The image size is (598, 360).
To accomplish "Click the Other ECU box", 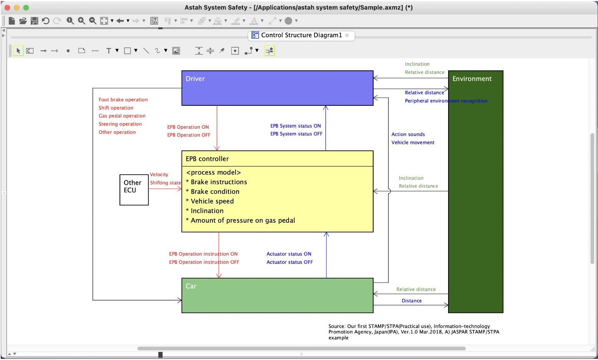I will pos(134,190).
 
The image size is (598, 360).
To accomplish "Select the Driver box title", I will pos(195,79).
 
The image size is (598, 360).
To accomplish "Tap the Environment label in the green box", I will pos(472,79).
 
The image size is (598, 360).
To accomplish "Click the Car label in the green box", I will pos(191,286).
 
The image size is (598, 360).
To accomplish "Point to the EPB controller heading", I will pos(207,159).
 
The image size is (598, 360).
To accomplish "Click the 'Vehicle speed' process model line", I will pos(212,201).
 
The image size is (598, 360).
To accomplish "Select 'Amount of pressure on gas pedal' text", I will pos(243,220).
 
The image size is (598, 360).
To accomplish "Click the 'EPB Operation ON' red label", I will pos(188,127).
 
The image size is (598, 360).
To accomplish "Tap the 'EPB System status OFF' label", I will pos(296,134).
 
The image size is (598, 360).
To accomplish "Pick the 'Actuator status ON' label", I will pos(289,254).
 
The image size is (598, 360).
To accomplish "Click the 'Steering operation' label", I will pos(120,124).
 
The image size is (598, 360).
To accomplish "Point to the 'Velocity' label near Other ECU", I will pos(159,175).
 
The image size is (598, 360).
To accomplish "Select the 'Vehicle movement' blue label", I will pos(413,142).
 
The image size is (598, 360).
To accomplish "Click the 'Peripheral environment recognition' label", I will pos(446,101).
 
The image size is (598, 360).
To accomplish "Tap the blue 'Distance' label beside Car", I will pos(412,301).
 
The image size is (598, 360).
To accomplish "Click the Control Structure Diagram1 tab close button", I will pos(347,35).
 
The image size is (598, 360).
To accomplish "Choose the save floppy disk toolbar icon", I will pos(35,21).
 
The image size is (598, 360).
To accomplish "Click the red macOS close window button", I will pos(7,8).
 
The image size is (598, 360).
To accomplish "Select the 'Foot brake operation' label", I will pos(123,100).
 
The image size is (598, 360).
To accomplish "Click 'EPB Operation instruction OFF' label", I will pos(204,262).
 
